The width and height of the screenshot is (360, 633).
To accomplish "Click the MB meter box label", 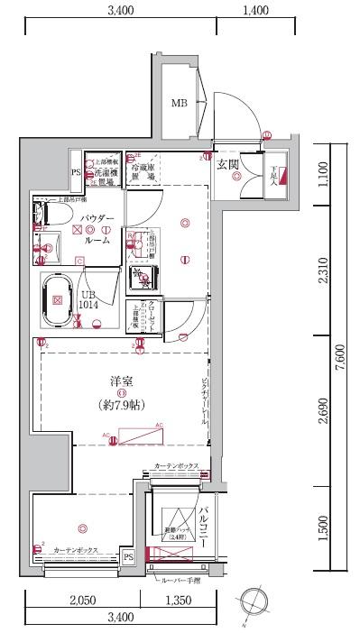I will coord(180,103).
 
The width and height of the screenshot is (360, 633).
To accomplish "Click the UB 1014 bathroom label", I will coord(88,301).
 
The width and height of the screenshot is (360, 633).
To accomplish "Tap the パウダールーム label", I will coord(97,229).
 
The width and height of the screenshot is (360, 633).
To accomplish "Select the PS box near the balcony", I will coord(129,557).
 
